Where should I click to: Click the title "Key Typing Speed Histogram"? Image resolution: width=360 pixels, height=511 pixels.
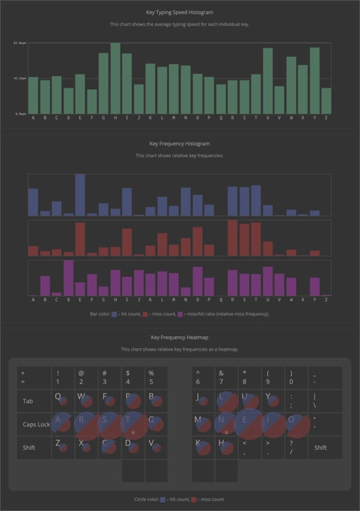tap(180, 12)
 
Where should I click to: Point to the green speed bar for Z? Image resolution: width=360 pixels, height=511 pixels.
tap(326, 100)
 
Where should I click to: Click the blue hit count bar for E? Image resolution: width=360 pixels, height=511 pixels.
tap(80, 195)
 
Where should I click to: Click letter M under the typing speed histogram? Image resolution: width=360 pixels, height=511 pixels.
tap(174, 118)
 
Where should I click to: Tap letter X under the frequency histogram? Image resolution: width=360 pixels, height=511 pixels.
tap(303, 300)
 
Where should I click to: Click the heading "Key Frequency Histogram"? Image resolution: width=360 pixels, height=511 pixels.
tap(180, 143)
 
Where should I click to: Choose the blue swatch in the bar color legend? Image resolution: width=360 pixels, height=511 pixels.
tap(114, 313)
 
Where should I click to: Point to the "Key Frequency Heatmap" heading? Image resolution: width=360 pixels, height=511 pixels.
tap(180, 337)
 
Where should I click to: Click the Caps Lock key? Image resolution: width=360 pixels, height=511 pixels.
tap(34, 425)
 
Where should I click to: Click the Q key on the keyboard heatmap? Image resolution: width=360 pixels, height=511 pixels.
tap(63, 401)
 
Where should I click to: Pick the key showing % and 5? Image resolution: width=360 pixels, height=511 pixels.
tap(156, 377)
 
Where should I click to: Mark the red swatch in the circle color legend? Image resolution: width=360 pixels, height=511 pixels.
tap(194, 498)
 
